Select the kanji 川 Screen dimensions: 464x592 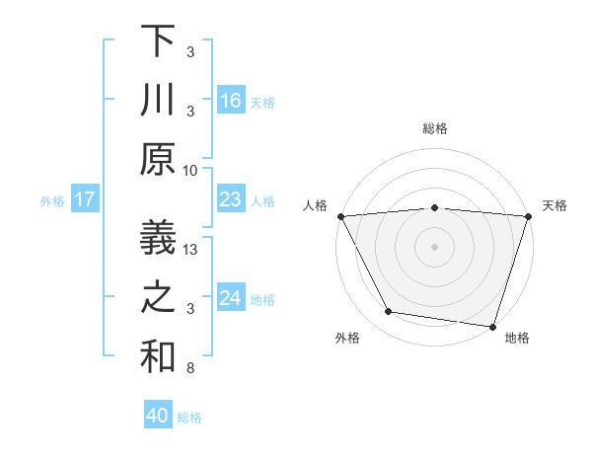159,100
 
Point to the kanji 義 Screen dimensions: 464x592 159,238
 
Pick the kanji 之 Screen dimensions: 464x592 159,298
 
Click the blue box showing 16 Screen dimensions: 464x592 231,101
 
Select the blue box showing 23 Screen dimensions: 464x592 231,200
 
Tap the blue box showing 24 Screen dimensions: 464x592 231,298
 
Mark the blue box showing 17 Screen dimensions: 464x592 84,200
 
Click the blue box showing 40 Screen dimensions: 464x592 158,417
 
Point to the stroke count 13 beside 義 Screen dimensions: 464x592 192,250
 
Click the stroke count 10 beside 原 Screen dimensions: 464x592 191,171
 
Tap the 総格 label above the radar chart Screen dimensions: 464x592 435,128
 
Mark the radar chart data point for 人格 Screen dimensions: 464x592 340,216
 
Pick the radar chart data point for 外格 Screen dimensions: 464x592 388,312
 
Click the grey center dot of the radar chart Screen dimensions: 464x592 434,247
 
